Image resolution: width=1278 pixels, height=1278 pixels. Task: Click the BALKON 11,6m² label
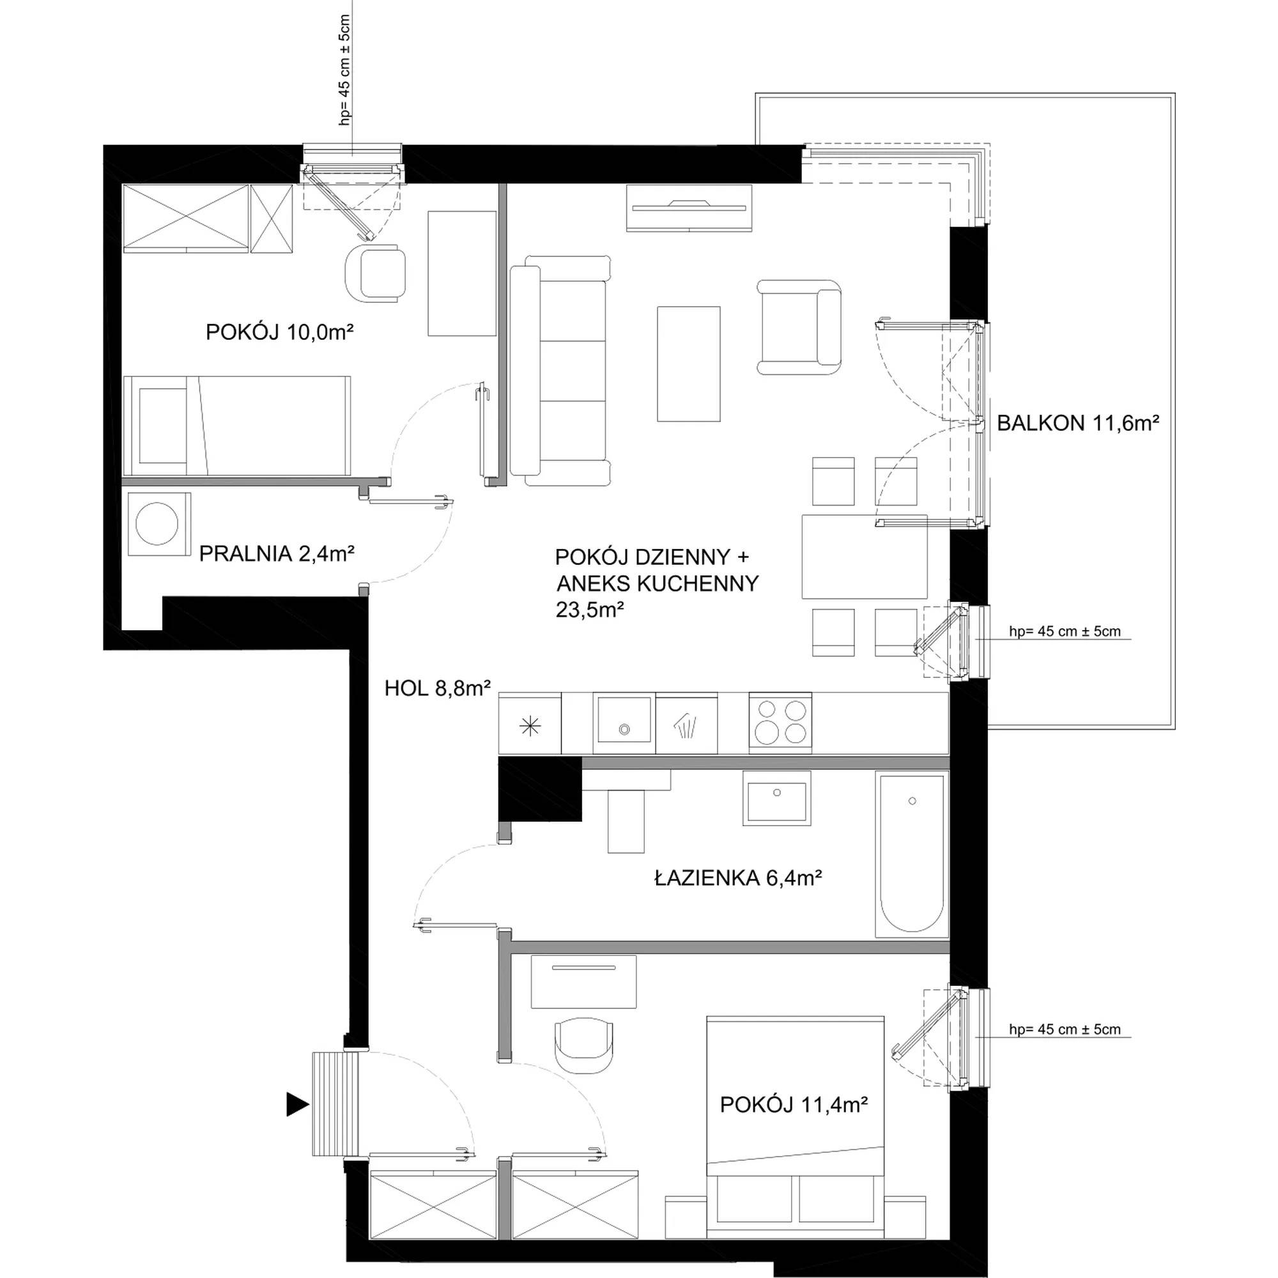click(x=1077, y=424)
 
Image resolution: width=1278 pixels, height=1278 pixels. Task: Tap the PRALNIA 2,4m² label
click(x=277, y=553)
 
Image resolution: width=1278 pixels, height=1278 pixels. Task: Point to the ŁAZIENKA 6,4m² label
click(x=737, y=878)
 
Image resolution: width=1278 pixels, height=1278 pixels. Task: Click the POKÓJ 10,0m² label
click(x=279, y=332)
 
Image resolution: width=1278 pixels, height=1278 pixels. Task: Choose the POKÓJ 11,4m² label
click(x=793, y=1104)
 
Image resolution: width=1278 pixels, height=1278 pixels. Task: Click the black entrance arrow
click(x=298, y=1104)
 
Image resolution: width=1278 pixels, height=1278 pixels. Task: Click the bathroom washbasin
click(x=776, y=797)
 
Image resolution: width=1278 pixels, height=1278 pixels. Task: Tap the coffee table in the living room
click(x=689, y=363)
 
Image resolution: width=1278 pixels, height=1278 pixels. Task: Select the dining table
click(x=865, y=557)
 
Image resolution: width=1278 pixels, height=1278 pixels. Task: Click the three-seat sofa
click(x=560, y=371)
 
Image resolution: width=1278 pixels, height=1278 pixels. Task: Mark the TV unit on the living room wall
click(x=689, y=208)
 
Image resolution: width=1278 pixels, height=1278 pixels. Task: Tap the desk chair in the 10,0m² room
click(x=376, y=273)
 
